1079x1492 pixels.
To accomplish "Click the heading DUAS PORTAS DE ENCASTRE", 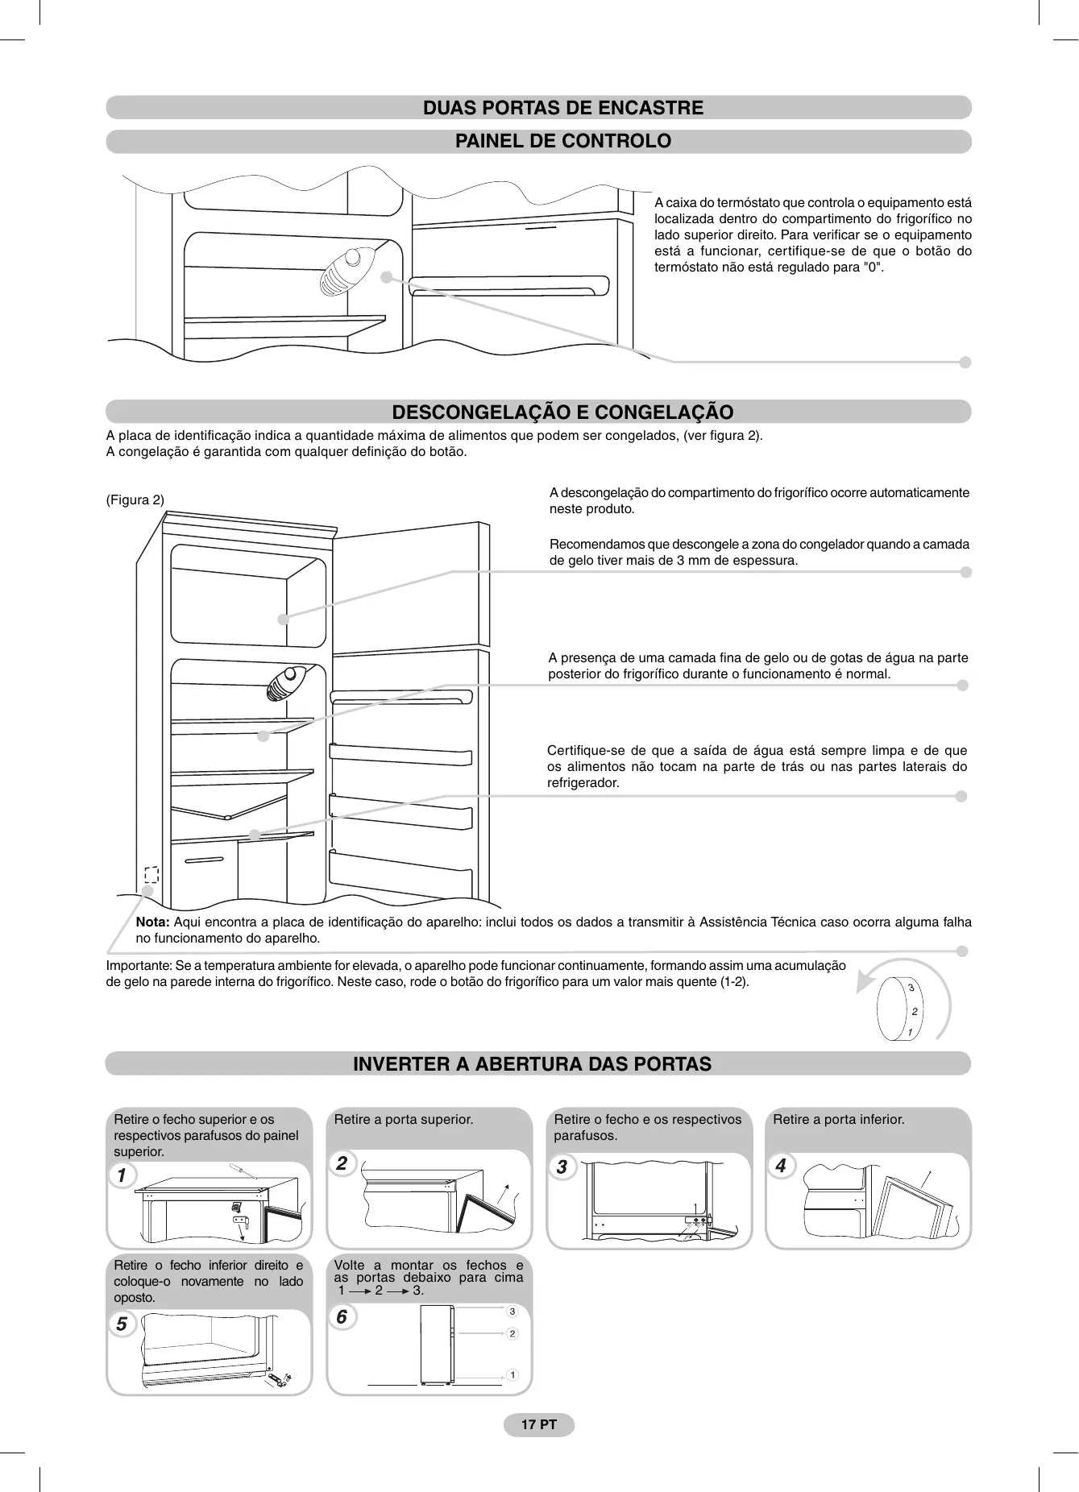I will pos(563,108).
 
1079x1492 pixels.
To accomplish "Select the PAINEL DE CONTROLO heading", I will pos(563,141).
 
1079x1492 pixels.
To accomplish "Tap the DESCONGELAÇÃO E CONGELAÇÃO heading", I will pos(562,412).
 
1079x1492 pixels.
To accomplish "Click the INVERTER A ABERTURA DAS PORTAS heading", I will pos(532,1064).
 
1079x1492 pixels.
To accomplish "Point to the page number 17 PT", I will pos(539,1424).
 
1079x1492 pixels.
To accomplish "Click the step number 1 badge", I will pos(122,1175).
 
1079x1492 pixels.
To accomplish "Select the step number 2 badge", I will pos(342,1163).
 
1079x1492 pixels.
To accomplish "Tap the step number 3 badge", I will pos(562,1167).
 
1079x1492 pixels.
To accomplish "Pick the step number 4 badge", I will pos(780,1166).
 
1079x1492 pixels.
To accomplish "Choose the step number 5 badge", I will pos(122,1324).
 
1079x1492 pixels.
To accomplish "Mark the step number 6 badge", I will pos(342,1316).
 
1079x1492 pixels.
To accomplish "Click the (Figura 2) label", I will pos(135,500).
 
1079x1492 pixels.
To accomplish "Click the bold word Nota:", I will pos(152,922).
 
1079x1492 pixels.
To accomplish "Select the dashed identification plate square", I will pos(151,874).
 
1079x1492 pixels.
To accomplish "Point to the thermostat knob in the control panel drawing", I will pos(347,270).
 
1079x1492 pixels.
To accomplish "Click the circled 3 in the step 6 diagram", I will pos(512,1312).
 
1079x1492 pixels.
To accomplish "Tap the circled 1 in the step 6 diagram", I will pos(512,1374).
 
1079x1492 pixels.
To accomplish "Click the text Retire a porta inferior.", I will pos(838,1120).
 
